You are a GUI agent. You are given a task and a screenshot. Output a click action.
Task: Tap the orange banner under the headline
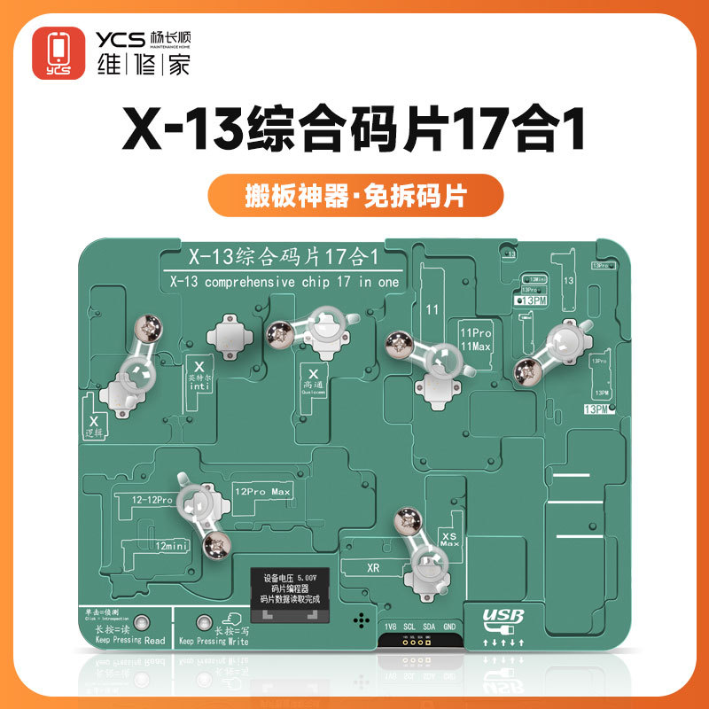click(354, 194)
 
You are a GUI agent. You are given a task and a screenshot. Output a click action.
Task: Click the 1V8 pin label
click(390, 627)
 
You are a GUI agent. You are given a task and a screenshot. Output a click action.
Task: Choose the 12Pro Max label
click(264, 490)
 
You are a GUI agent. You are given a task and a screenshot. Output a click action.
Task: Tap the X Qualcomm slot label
click(313, 381)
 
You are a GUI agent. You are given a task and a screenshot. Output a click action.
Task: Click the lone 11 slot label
click(433, 311)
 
